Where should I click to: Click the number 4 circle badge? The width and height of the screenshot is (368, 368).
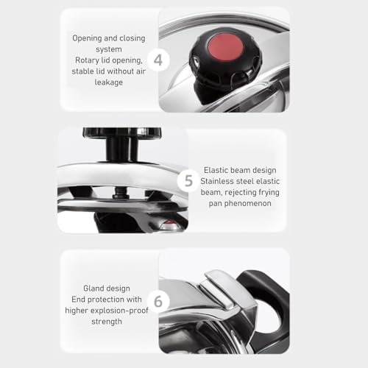click(x=158, y=60)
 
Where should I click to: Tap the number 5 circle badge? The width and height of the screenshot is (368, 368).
click(x=188, y=181)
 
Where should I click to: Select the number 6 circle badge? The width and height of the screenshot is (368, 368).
click(x=158, y=301)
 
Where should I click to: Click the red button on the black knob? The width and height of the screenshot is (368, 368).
click(x=226, y=46)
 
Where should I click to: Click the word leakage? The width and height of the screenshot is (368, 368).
click(x=109, y=82)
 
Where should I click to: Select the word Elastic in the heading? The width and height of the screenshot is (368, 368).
click(x=216, y=170)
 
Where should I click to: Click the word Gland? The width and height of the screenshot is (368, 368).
click(x=93, y=288)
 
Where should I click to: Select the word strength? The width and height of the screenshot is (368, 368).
click(x=107, y=322)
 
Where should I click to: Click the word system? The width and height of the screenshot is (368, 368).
click(x=109, y=49)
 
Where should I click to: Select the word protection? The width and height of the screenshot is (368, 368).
click(x=106, y=300)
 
